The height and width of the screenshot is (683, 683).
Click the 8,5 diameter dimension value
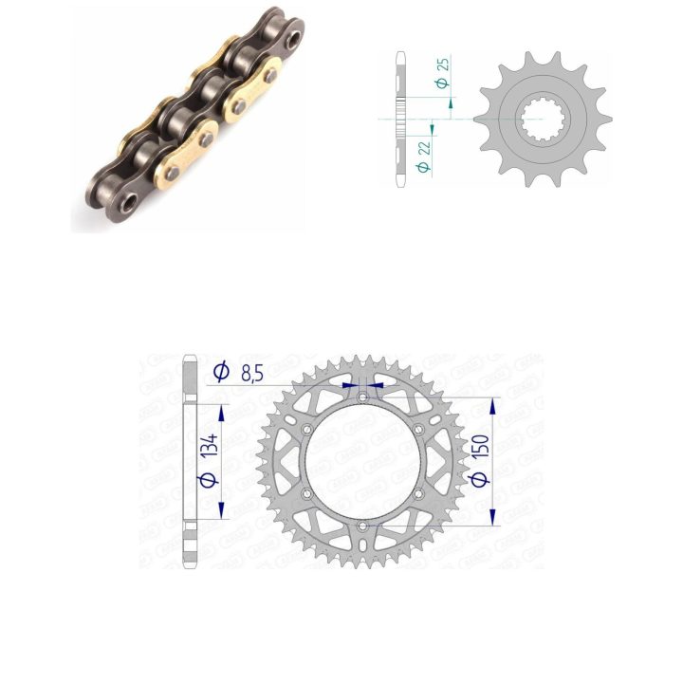(x=251, y=374)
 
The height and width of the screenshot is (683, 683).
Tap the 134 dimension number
(x=211, y=445)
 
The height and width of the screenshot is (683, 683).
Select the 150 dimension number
(x=481, y=448)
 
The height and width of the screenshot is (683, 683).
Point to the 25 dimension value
(x=443, y=65)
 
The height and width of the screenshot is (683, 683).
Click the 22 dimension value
(x=424, y=148)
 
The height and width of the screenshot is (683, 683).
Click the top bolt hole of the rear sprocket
(x=362, y=397)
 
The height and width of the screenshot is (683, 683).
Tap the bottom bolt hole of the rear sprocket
(x=362, y=526)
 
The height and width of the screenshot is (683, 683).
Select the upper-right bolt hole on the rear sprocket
(x=418, y=430)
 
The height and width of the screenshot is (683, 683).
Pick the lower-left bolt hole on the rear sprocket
(x=307, y=494)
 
